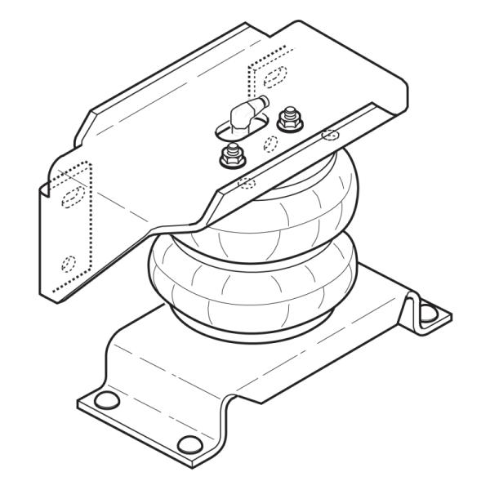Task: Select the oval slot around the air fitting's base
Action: [x=237, y=128]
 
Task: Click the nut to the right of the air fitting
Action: [x=287, y=119]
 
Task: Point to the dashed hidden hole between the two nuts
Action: [x=269, y=144]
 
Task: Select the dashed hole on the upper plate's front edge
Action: [x=243, y=183]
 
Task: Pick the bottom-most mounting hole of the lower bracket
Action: [x=189, y=444]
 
